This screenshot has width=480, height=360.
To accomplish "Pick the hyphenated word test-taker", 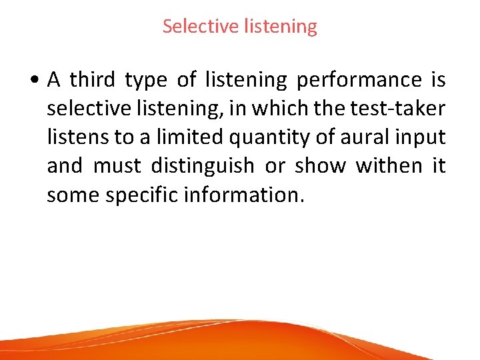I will click(402, 109).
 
